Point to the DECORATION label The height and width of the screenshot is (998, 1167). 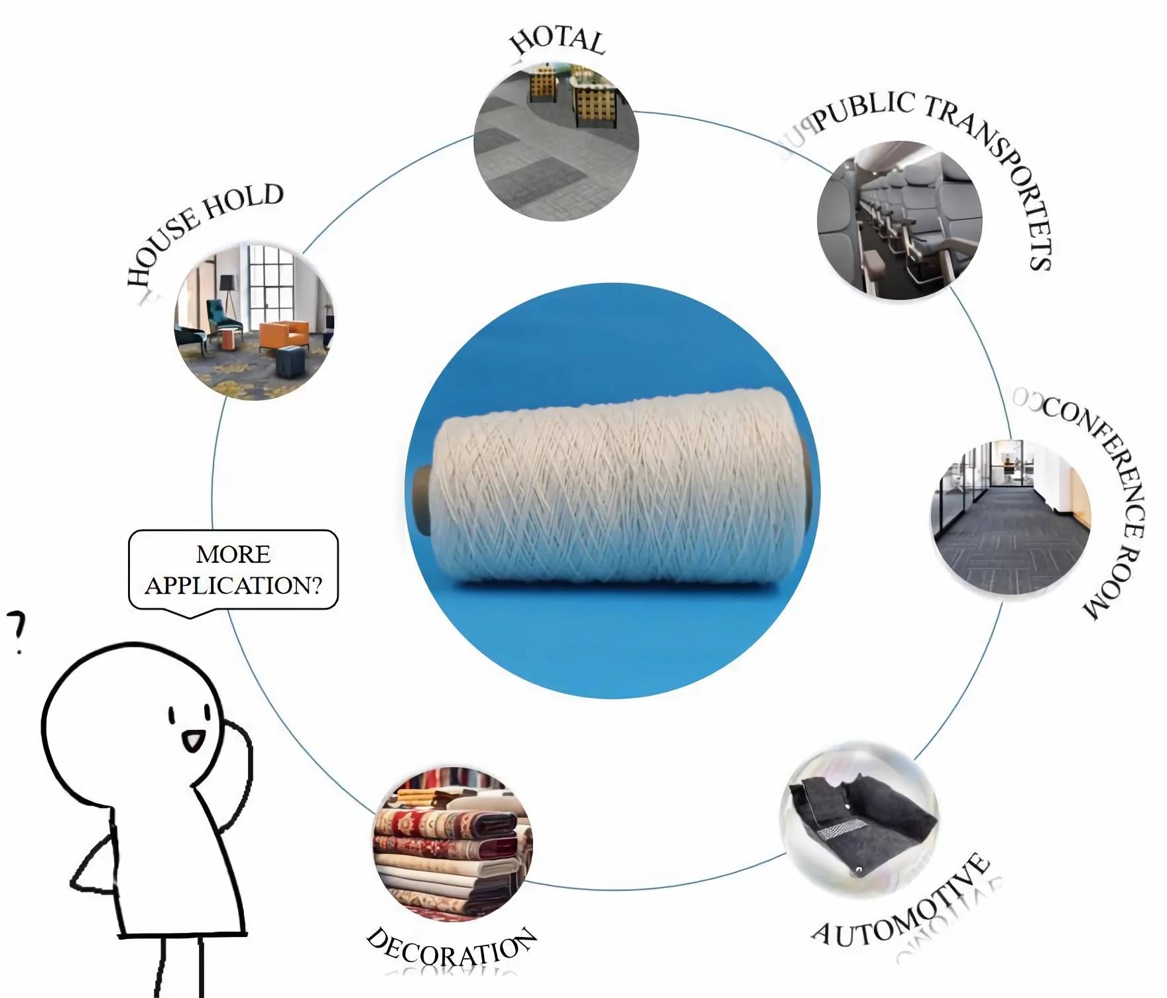coord(451,950)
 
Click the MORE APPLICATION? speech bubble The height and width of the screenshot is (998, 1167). coord(233,569)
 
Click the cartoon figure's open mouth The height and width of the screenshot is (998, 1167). coord(193,740)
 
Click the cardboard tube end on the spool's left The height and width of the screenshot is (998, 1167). coord(422,500)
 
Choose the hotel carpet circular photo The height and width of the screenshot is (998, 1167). coord(556,142)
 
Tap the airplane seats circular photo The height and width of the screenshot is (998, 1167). coord(899,220)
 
